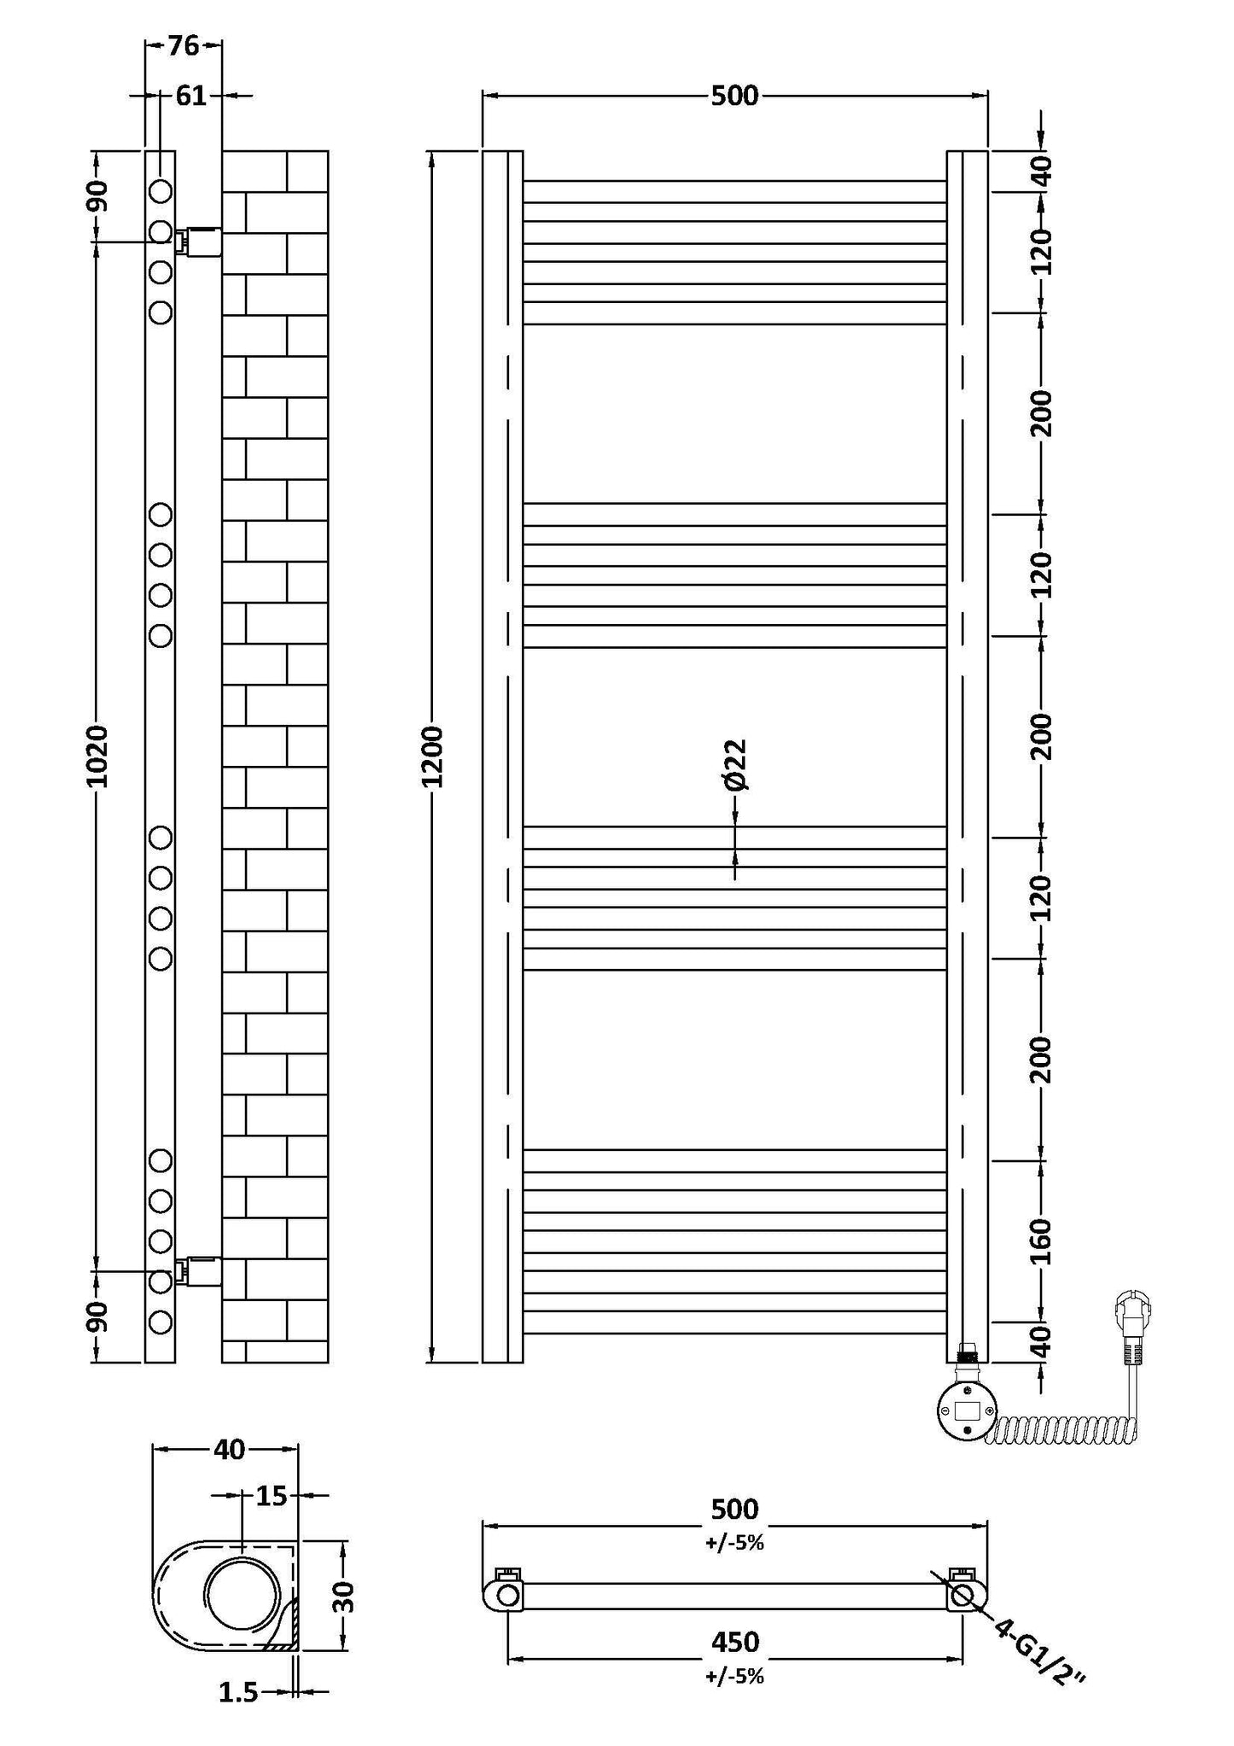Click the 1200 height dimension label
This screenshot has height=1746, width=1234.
pos(435,756)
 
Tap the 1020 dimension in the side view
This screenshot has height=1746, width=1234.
pos(96,756)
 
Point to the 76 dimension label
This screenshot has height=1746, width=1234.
pos(183,46)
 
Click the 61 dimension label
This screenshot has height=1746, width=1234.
pos(191,96)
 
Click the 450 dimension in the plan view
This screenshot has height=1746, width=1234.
pos(734,1641)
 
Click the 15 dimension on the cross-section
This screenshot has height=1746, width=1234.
pos(272,1496)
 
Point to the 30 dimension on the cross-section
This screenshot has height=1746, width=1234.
pos(343,1596)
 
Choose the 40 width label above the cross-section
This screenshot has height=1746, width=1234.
pos(229,1449)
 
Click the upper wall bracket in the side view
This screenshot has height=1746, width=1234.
pos(199,242)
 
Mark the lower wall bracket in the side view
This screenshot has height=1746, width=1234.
pos(199,1270)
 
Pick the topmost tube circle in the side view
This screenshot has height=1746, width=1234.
pos(161,190)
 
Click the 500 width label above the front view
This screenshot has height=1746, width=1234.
pos(734,96)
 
